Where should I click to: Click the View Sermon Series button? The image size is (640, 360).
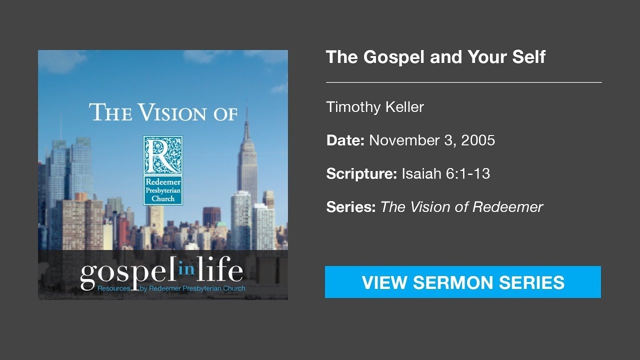[463, 282]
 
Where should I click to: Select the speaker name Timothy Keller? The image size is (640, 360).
[375, 107]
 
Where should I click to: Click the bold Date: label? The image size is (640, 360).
[345, 140]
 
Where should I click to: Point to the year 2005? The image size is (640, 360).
[478, 140]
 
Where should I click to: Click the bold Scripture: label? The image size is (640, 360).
[361, 174]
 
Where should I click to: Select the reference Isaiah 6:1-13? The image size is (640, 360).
[445, 174]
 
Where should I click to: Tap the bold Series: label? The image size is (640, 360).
[351, 207]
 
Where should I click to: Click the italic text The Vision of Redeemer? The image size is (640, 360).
[461, 207]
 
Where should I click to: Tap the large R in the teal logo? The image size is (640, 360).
[163, 155]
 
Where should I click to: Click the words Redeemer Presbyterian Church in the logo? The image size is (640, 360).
[163, 190]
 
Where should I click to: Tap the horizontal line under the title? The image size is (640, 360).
[463, 82]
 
